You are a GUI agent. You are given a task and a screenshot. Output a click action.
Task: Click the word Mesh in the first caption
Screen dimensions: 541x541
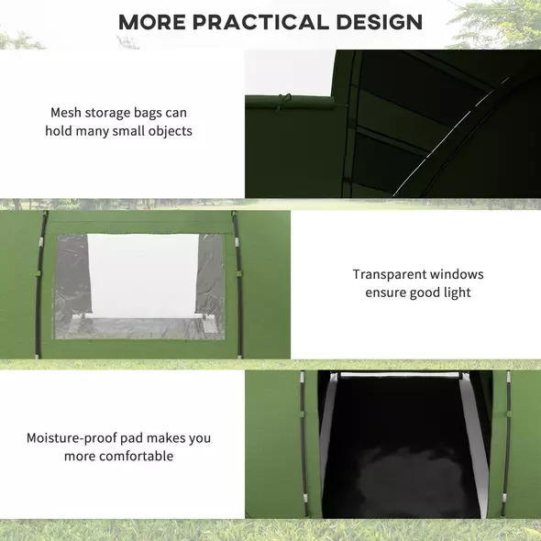click(67, 113)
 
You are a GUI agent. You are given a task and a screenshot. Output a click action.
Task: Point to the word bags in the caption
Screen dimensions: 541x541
click(150, 113)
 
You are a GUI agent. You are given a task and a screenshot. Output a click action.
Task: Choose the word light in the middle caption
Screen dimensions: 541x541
click(455, 293)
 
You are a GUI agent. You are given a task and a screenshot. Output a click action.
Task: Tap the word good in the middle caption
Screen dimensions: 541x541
click(425, 293)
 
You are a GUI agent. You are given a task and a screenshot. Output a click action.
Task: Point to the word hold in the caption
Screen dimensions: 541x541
click(60, 131)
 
